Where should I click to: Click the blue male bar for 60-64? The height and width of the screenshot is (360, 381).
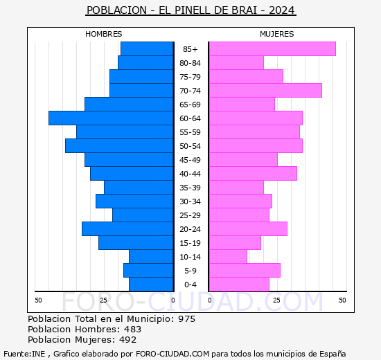111,118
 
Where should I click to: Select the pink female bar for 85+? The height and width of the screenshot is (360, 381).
272,49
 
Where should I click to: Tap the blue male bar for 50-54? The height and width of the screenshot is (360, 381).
119,146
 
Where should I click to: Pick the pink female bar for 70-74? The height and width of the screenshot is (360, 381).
265,91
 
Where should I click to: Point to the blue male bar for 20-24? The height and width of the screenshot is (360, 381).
127,229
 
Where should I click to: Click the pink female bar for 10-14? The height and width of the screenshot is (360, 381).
227,257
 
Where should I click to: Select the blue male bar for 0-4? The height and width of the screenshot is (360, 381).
151,285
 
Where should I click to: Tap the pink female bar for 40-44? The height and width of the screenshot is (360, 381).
252,174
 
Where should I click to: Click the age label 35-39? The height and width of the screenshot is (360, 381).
190,188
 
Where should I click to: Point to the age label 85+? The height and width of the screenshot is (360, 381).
190,49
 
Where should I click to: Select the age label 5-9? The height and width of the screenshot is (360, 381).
190,271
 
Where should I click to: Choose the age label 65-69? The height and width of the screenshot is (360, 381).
190,105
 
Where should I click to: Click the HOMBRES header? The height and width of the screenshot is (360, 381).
104,34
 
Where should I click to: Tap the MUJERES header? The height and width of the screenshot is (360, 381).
276,34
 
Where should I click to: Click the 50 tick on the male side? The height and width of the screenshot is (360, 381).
38,300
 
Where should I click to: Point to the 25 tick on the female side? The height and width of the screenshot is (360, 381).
276,300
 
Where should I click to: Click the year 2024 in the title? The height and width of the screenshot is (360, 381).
281,10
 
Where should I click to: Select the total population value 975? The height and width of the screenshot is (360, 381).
186,319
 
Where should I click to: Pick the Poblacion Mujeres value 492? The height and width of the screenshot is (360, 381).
128,340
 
